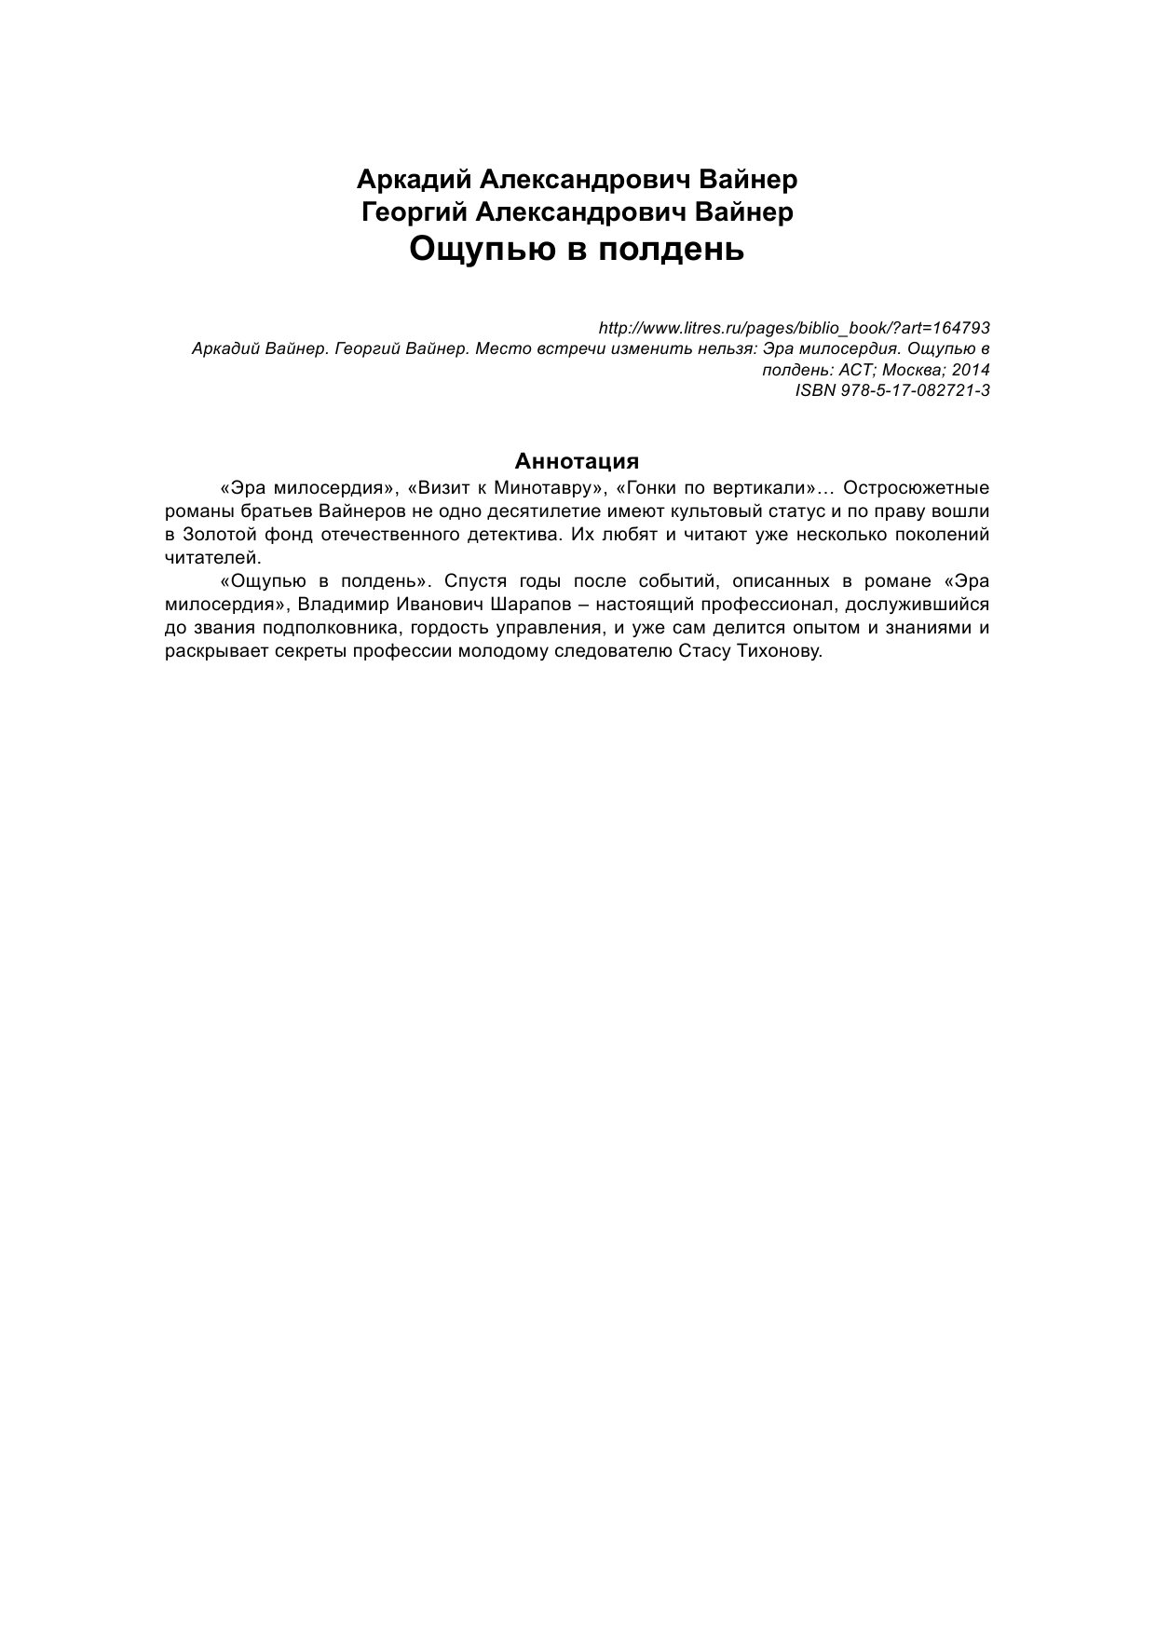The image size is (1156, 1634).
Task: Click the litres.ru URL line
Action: (x=793, y=328)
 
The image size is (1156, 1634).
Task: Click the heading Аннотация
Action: (x=577, y=461)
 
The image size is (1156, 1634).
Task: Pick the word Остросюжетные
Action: (x=916, y=488)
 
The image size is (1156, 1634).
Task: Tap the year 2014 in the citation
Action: (x=971, y=370)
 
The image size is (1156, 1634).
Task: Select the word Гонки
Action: (x=647, y=488)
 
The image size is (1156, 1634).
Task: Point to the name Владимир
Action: (x=340, y=605)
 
